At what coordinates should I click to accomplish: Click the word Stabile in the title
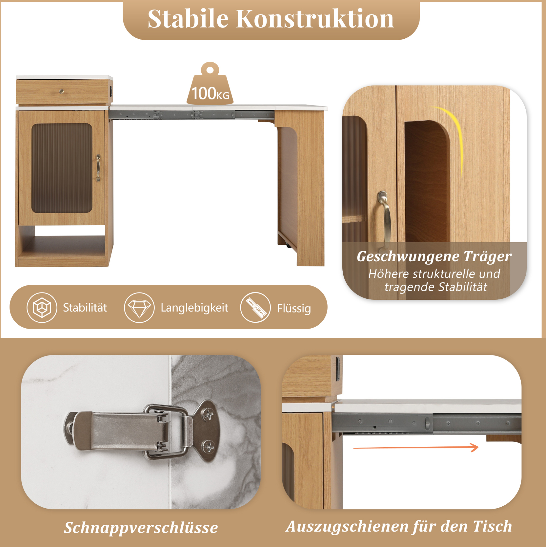click(188, 19)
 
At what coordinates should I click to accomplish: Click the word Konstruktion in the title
click(315, 19)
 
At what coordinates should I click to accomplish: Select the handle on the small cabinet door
click(98, 168)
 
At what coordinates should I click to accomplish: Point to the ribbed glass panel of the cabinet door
click(62, 168)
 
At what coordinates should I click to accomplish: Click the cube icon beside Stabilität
click(42, 307)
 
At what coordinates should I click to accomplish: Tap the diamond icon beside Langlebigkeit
click(139, 307)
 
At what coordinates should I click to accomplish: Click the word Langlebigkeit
click(194, 308)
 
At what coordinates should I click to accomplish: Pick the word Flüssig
click(294, 308)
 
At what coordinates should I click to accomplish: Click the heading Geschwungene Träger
click(434, 257)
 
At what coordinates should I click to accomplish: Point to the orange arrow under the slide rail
click(416, 448)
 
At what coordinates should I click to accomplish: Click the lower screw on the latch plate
click(209, 446)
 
